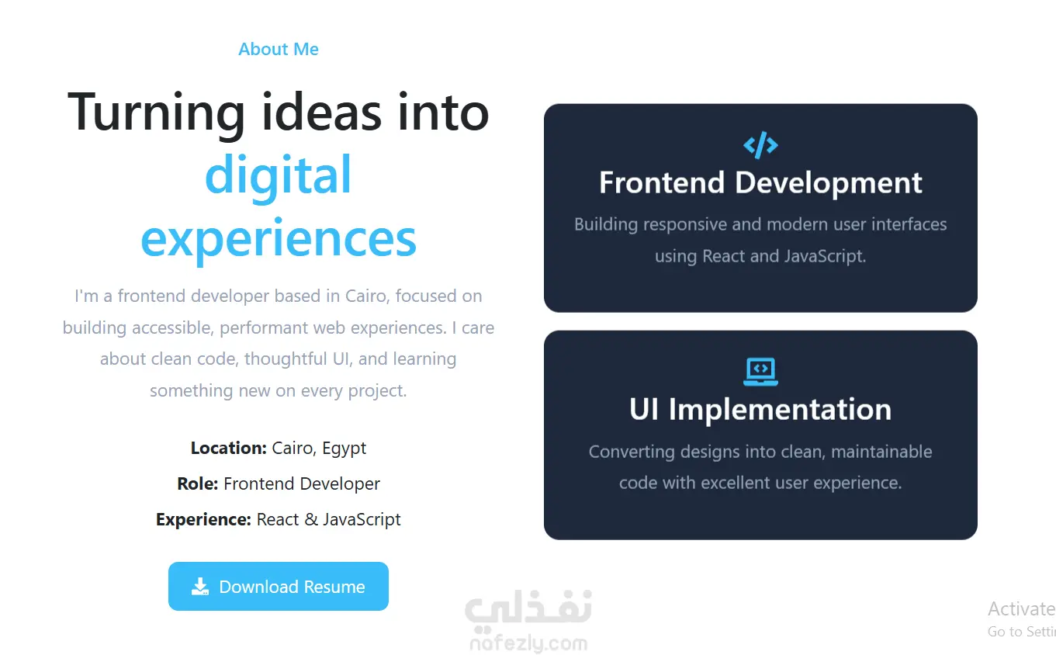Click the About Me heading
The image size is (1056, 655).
pos(278,49)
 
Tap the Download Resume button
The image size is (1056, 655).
pos(278,586)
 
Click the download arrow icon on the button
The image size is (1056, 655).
pos(200,587)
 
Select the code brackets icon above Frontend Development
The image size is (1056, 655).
pos(760,145)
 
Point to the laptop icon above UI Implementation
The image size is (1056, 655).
pos(760,372)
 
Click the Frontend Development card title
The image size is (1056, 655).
pos(760,183)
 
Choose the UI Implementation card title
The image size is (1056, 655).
pos(760,409)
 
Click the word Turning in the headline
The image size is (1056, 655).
pos(156,113)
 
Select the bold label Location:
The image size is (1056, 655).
pos(229,448)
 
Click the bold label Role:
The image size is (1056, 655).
pos(198,483)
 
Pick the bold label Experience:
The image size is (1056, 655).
pos(203,519)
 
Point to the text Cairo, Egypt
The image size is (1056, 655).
pos(319,449)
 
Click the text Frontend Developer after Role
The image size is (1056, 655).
pos(302,483)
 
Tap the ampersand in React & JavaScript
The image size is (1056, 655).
pos(310,519)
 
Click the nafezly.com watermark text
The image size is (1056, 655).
pos(528,643)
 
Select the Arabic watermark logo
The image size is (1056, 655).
pos(528,608)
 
